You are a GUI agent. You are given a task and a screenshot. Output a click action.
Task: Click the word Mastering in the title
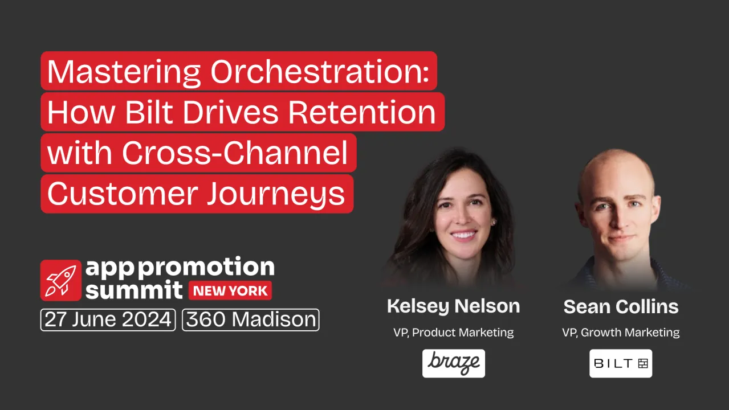coord(124,71)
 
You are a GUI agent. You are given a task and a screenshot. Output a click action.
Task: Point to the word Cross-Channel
coord(235,153)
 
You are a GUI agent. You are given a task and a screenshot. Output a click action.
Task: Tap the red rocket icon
coord(61,280)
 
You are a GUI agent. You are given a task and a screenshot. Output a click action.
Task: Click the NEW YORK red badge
coord(230,291)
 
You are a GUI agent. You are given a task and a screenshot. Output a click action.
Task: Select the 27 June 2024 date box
coord(108,319)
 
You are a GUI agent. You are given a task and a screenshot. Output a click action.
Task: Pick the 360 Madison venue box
coord(251,319)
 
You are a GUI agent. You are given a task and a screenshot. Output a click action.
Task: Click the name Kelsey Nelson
coord(453,306)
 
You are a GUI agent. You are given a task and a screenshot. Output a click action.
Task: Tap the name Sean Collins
coord(621,307)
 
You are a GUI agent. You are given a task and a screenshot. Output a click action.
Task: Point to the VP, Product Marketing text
coord(453,333)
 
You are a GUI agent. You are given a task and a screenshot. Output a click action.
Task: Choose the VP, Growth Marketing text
coord(621,333)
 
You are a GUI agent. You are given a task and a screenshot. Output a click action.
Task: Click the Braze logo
coord(453,363)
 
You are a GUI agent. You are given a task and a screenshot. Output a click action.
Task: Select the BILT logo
coord(621,363)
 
